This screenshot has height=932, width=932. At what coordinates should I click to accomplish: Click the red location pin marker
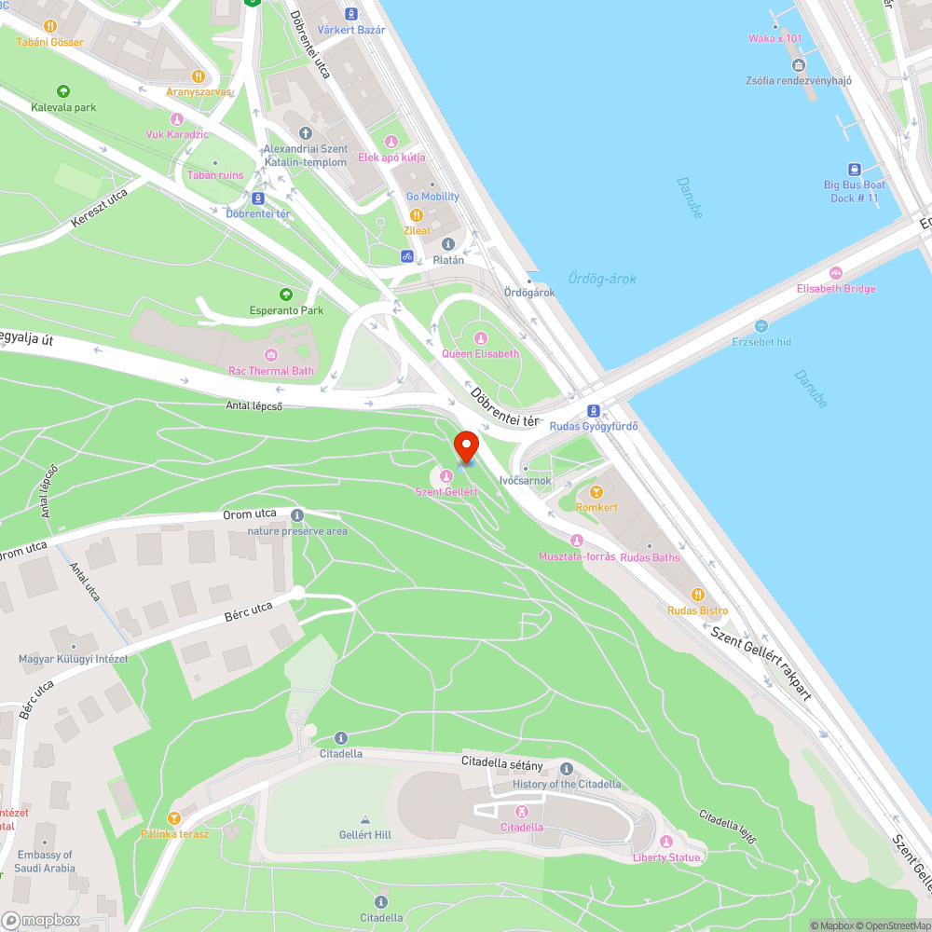(x=465, y=446)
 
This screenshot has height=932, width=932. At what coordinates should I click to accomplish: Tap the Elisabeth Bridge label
(x=836, y=289)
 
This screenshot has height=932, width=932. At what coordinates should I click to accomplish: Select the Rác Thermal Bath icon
(x=271, y=355)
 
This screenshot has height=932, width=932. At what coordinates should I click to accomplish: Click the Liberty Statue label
(x=666, y=857)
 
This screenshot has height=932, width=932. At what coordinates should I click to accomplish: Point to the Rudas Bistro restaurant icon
(x=697, y=595)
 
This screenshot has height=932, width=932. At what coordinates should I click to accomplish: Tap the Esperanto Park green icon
(x=286, y=295)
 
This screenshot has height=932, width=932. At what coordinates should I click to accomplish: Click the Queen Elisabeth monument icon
(x=481, y=338)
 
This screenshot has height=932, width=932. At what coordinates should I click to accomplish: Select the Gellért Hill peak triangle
(x=364, y=818)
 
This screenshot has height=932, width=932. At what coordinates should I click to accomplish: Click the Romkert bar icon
(x=596, y=492)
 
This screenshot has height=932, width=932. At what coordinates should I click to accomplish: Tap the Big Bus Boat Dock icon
(x=854, y=169)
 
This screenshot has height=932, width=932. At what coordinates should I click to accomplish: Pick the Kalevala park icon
(x=63, y=91)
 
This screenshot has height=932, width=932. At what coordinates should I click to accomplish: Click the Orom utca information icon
(x=297, y=515)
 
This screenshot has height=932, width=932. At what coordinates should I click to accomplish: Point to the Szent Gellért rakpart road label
(x=761, y=662)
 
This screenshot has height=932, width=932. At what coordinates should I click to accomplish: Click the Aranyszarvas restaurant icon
(x=198, y=76)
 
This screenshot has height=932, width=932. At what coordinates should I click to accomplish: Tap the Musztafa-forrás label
(x=577, y=556)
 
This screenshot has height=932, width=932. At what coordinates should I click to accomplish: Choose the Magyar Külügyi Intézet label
(x=73, y=659)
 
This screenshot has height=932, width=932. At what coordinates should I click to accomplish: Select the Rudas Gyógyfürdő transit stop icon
(x=593, y=411)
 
